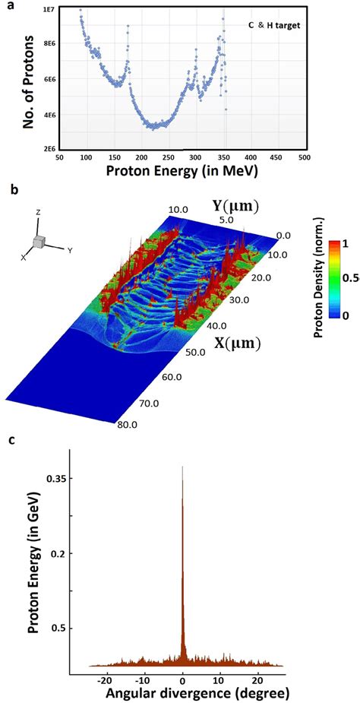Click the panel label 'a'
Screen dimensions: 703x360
(6, 5)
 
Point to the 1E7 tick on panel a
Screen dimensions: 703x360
(46, 8)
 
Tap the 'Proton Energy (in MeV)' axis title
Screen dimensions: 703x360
(182, 172)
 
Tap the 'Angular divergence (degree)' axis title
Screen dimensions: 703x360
(182, 695)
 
